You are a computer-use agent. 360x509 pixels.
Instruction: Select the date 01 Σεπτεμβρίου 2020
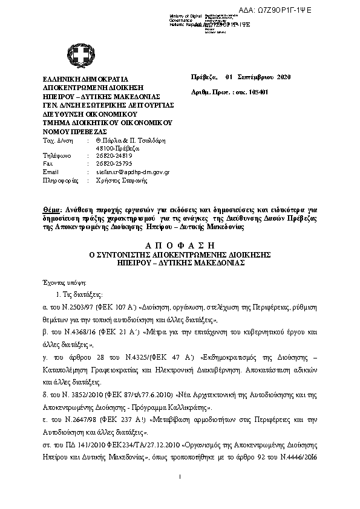pyautogui.click(x=258, y=78)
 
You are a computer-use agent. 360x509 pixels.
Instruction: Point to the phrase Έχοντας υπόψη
pyautogui.click(x=69, y=282)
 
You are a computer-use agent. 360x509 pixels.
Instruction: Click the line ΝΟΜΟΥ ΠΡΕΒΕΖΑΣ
pyautogui.click(x=74, y=131)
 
